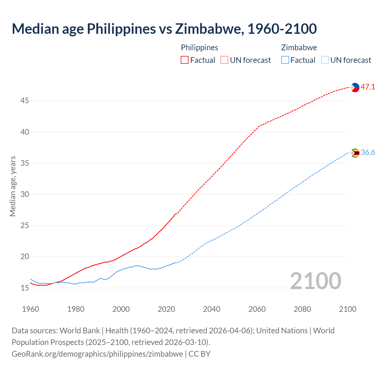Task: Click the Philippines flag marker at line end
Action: [x=355, y=87]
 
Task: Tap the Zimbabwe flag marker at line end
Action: [x=355, y=153]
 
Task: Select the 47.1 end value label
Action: [x=368, y=87]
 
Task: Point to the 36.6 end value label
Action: [x=368, y=153]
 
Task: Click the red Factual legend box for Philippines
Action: [x=185, y=60]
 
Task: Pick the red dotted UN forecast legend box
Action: [x=224, y=60]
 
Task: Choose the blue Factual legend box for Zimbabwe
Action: [x=285, y=60]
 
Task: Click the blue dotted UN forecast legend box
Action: [x=325, y=60]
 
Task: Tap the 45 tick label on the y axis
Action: [x=25, y=101]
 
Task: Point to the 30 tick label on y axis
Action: [x=25, y=194]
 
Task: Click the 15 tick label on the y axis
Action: [x=25, y=288]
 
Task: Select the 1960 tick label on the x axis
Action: [x=31, y=309]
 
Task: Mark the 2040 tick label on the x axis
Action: [x=212, y=309]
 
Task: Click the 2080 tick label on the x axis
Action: [x=302, y=309]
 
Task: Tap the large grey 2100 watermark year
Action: [x=316, y=281]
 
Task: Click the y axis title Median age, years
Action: [x=13, y=186]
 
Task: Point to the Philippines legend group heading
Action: [x=200, y=48]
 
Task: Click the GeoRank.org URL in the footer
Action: [x=97, y=354]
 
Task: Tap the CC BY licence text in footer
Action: [x=200, y=354]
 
